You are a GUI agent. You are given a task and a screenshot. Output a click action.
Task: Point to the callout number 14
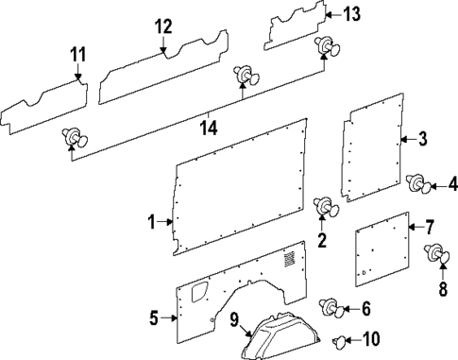point(210,127)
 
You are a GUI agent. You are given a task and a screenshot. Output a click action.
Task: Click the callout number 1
point(150,222)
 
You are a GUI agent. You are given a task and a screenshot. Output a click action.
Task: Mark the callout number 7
point(429,227)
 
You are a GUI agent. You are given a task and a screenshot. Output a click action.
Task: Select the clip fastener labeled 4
point(415,184)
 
